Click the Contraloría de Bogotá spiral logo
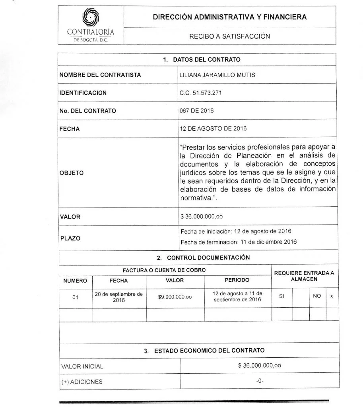coord(91,18)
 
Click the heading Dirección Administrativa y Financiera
coord(230,17)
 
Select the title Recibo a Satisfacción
coord(229,36)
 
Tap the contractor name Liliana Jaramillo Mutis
coord(212,75)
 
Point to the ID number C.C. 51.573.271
coord(201,93)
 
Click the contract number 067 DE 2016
coord(196,111)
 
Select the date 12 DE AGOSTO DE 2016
coord(213,129)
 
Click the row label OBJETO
coord(72,173)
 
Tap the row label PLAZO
coord(70,238)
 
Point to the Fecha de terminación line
coord(239,242)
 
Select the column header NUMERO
coord(75,281)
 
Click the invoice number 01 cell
coord(76,297)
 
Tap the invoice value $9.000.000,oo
coord(175,297)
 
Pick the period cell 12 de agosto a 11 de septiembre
coord(237,297)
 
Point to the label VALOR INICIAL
coord(82,366)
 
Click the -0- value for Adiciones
coord(260,381)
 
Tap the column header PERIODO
coord(237,281)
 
